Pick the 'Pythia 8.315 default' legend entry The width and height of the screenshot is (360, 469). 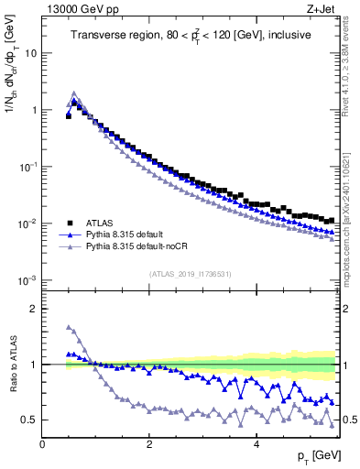(135, 235)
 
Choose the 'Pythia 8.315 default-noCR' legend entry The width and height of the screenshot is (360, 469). (146, 248)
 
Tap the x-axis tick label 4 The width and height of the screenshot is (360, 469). (256, 443)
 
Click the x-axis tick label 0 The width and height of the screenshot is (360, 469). (43, 443)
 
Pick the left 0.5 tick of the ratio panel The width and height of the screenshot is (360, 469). (33, 420)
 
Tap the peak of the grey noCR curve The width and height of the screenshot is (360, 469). (73, 93)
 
